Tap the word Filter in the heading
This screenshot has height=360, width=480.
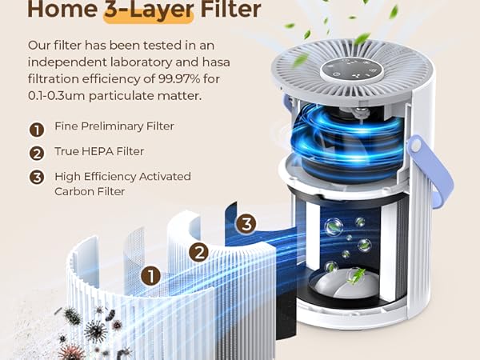(226, 10)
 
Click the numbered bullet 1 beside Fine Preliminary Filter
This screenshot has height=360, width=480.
(37, 128)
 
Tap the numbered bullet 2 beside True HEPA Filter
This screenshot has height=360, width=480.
(37, 153)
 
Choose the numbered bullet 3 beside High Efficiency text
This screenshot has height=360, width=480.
(37, 178)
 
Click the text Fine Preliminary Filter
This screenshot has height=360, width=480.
(114, 127)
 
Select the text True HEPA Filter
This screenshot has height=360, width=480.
(99, 152)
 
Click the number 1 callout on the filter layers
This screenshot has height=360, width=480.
(150, 276)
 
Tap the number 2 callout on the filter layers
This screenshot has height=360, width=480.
(198, 252)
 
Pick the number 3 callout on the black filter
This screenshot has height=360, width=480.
(246, 224)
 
